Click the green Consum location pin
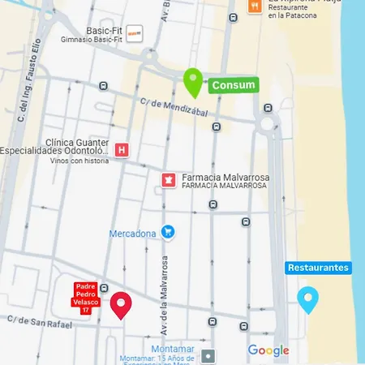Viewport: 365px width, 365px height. [192, 81]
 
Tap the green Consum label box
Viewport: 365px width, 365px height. [234, 85]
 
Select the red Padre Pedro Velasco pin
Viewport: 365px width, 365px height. [121, 304]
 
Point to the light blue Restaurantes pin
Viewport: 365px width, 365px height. [307, 299]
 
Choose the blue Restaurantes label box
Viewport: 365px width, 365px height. [318, 268]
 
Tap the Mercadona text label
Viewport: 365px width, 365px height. [132, 234]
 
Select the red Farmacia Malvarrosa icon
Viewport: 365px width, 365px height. [169, 178]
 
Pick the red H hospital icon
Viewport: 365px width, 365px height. [122, 150]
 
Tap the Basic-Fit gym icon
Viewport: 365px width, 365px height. [136, 33]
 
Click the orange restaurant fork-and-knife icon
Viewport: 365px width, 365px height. [254, 7]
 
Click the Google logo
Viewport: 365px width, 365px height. [268, 350]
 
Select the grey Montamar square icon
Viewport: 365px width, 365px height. [209, 355]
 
